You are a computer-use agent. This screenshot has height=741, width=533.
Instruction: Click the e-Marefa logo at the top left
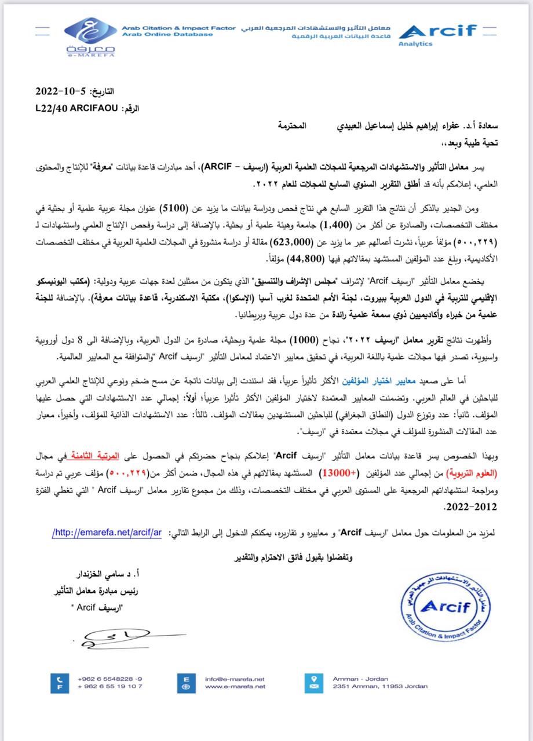89,36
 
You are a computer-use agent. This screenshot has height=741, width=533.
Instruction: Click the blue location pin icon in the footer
314,682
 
